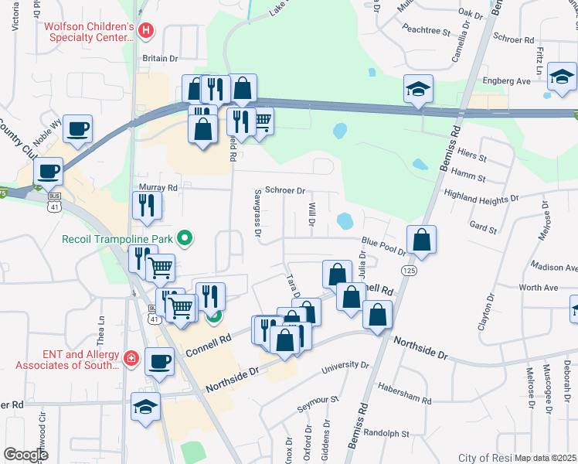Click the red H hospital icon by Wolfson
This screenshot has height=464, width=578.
pos(147,32)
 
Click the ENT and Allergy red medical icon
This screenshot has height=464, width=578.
pos(131,358)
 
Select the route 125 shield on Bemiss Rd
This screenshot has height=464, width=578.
pos(409,270)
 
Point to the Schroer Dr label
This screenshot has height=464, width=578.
pos(285,190)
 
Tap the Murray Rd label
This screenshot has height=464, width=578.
pos(158,187)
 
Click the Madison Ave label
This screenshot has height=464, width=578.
pos(554,267)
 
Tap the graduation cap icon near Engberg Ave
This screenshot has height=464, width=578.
pos(562,77)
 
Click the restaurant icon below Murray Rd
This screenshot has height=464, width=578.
pos(146,205)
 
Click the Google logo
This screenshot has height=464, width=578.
pos(26,455)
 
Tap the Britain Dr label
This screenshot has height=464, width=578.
pos(160,58)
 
